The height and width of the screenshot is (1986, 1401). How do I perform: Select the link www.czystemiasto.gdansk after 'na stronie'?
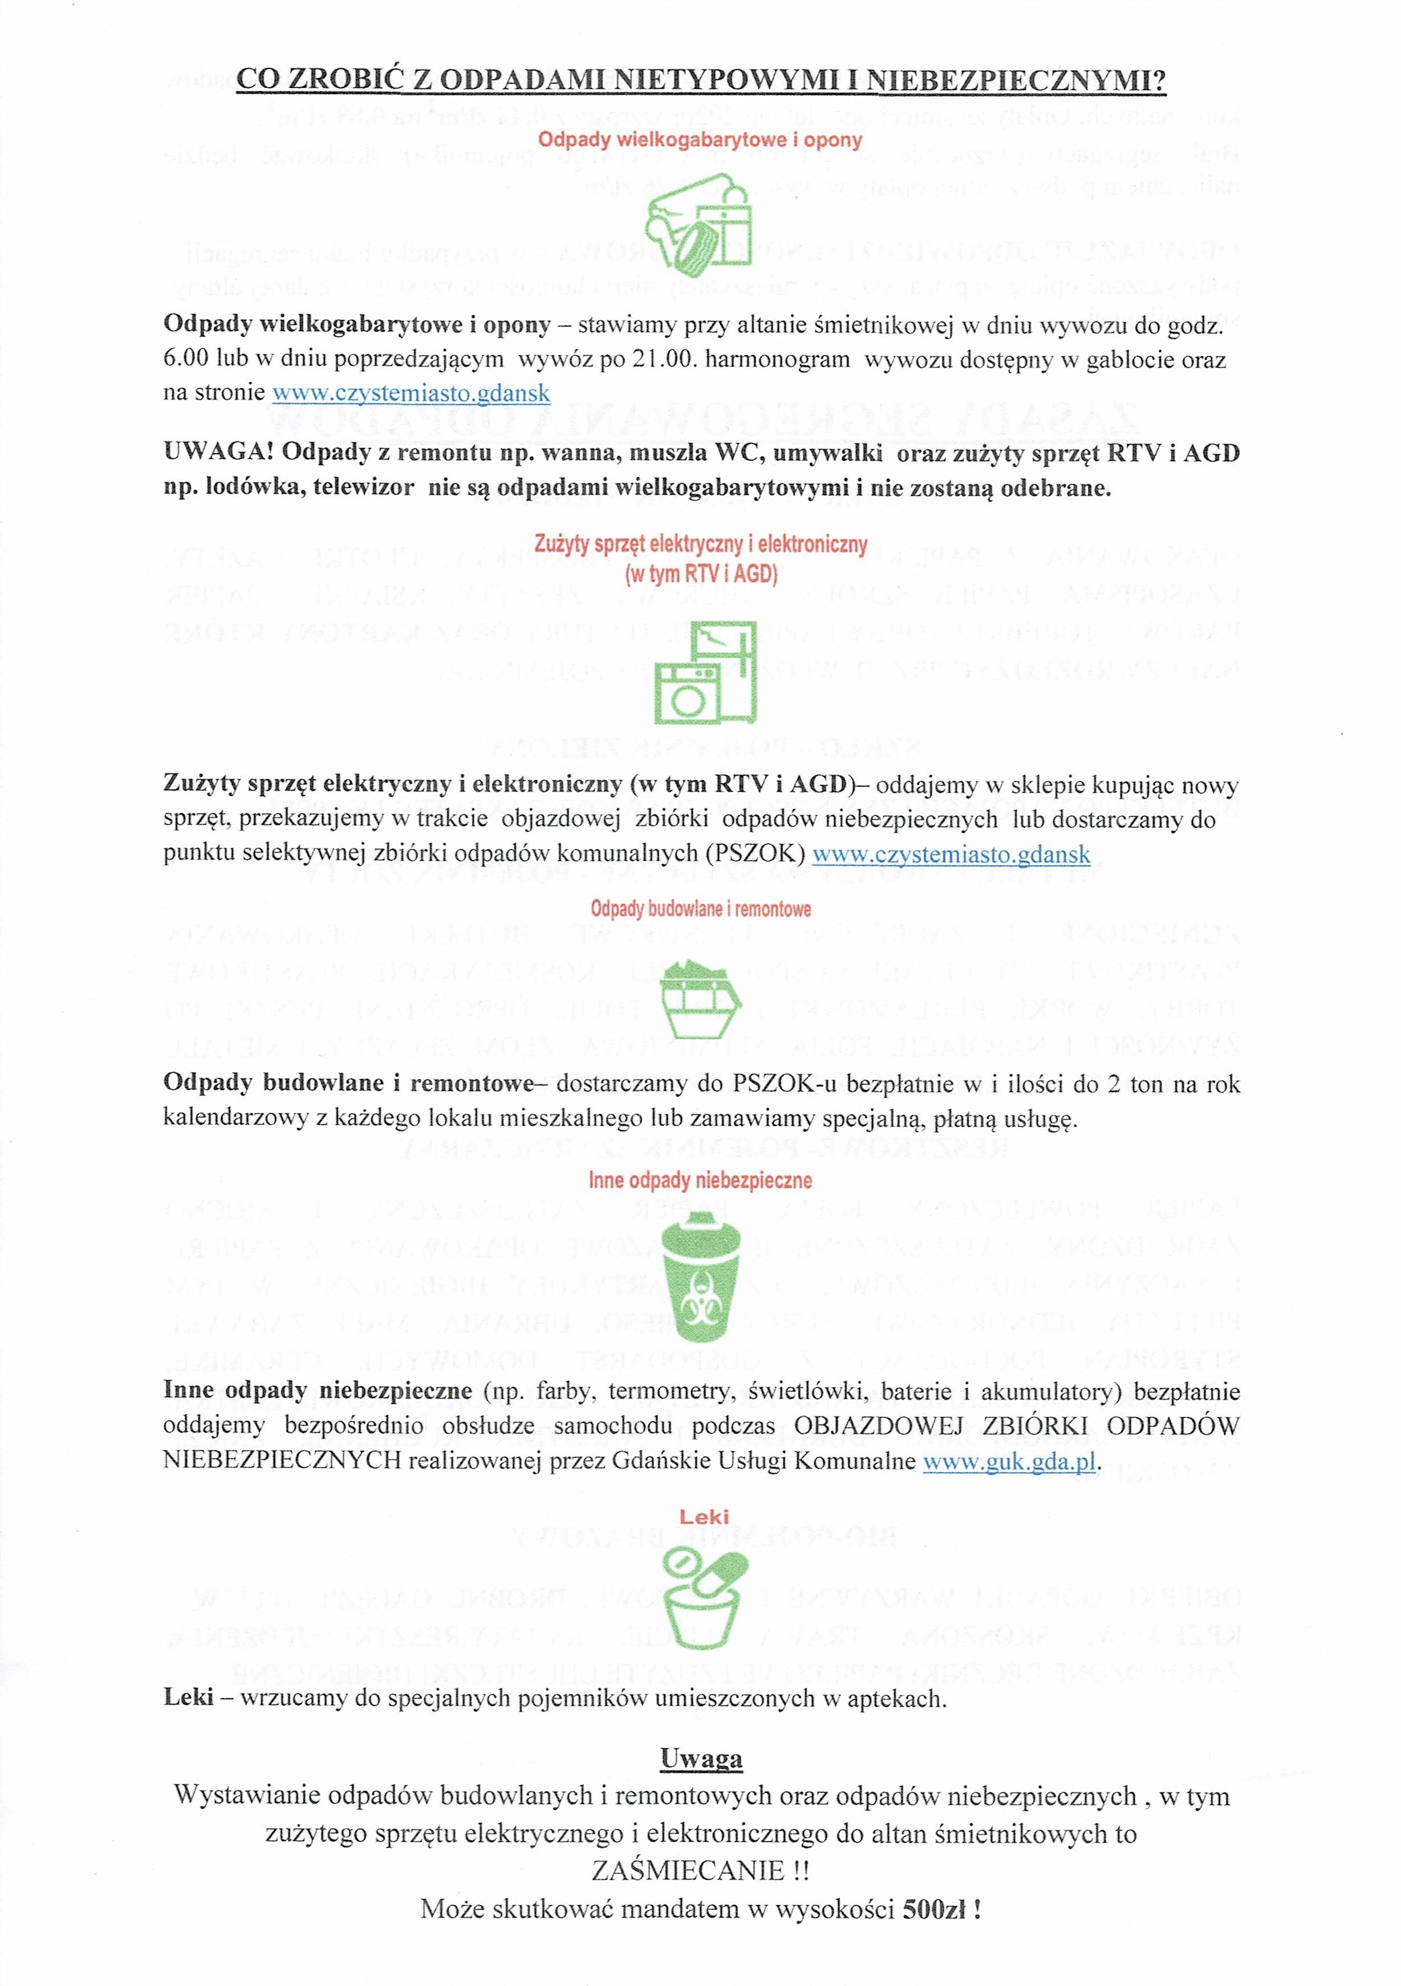pos(411,393)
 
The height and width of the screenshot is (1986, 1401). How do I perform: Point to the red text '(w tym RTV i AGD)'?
pos(701,573)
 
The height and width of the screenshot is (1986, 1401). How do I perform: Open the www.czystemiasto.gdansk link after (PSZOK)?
pos(951,854)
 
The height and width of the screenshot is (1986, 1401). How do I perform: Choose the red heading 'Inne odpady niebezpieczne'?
pos(700,1181)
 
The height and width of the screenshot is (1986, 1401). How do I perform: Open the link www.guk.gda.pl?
pos(1009,1462)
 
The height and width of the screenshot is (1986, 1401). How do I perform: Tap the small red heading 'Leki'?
pos(704,1516)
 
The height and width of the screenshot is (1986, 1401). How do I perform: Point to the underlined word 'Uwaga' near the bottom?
pos(701,1759)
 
